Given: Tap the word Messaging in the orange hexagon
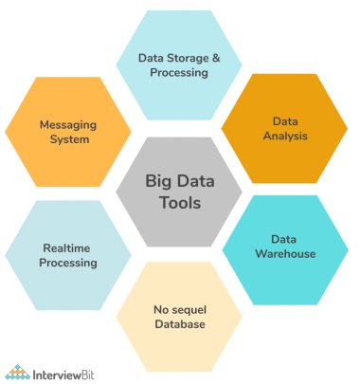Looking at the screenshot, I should click(x=65, y=123).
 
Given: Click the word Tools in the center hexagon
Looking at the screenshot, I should click(x=180, y=202).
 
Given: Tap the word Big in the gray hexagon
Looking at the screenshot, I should click(x=158, y=179).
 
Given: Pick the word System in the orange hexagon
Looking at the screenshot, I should click(x=65, y=139).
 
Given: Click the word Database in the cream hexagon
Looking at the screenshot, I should click(x=180, y=324).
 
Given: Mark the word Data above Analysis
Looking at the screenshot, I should click(x=284, y=122).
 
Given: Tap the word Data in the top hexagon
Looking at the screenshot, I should click(x=152, y=57).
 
